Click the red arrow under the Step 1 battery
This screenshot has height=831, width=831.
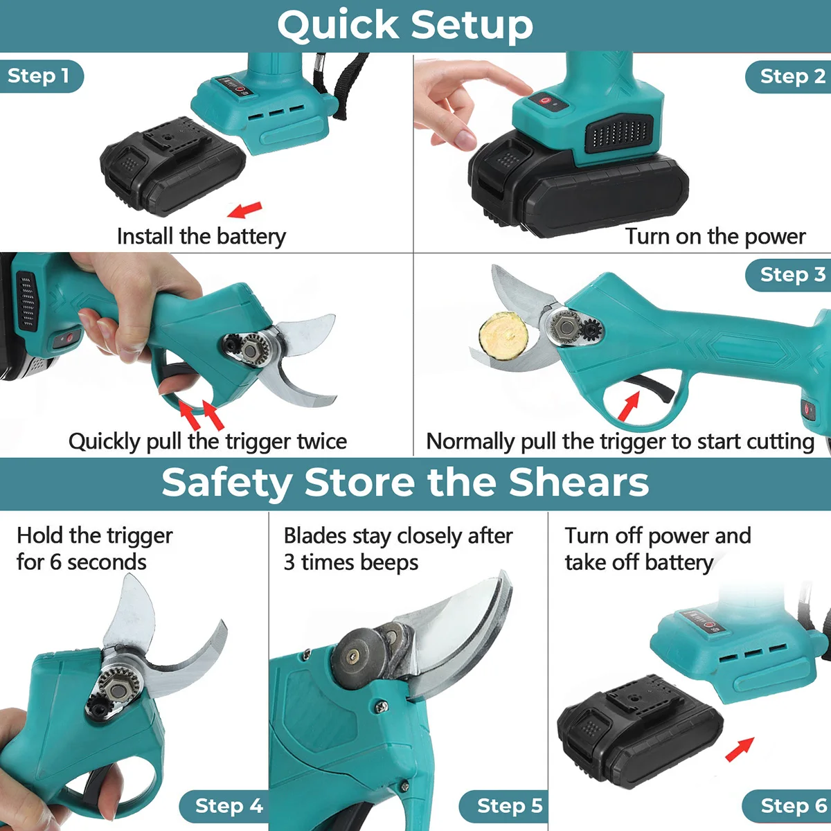[244, 210]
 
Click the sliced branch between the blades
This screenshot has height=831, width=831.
[503, 336]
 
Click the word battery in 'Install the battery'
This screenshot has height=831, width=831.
[251, 237]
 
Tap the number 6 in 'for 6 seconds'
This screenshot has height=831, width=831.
[55, 562]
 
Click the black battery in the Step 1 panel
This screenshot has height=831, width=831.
[172, 166]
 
